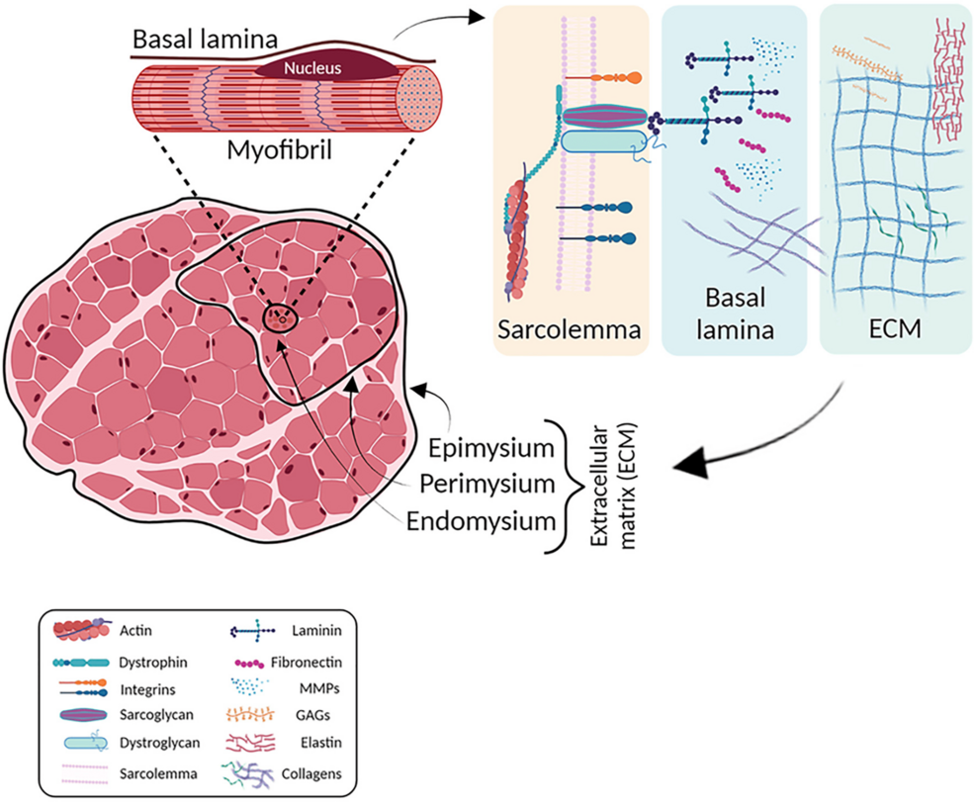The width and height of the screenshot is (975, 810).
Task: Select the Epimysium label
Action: (490, 449)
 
